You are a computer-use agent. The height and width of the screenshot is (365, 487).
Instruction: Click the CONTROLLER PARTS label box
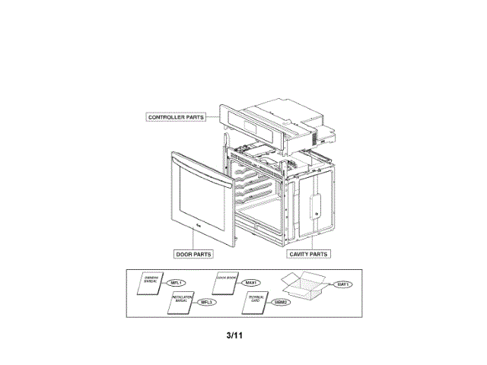(x=176, y=117)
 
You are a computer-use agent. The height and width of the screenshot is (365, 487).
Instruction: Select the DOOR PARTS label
(x=193, y=254)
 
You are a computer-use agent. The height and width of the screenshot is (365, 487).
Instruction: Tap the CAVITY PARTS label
(x=309, y=254)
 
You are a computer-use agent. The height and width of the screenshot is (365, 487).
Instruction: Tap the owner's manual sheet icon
(x=149, y=284)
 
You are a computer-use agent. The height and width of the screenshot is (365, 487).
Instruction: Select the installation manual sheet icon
(x=180, y=302)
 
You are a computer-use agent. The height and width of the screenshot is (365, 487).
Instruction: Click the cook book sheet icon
(x=227, y=282)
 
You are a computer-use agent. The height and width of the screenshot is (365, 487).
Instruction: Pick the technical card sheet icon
(x=256, y=302)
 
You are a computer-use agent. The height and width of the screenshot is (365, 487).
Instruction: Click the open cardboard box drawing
(x=304, y=286)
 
